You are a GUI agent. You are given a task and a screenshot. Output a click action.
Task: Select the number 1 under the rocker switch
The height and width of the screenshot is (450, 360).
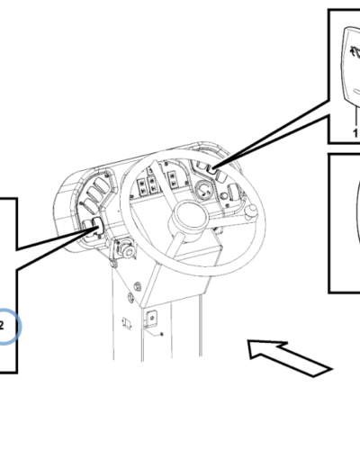[x=355, y=132]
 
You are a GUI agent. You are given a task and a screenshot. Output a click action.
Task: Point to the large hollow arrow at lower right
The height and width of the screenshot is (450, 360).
[x=289, y=356]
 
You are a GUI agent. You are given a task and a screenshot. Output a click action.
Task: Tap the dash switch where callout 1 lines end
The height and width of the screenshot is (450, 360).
[x=208, y=166]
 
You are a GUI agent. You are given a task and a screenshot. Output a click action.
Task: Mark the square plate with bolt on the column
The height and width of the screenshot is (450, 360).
[x=151, y=317]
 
